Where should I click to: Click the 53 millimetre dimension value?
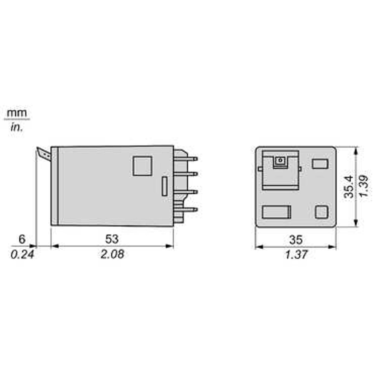coord(112,239)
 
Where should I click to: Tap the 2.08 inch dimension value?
coord(112,254)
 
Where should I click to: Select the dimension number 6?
coord(22,239)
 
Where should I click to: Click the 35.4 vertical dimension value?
coord(348,187)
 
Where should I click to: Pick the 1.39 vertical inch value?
coord(363,186)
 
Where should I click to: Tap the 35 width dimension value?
coord(296,240)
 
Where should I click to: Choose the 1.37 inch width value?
coord(296,255)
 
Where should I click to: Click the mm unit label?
coord(17,113)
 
